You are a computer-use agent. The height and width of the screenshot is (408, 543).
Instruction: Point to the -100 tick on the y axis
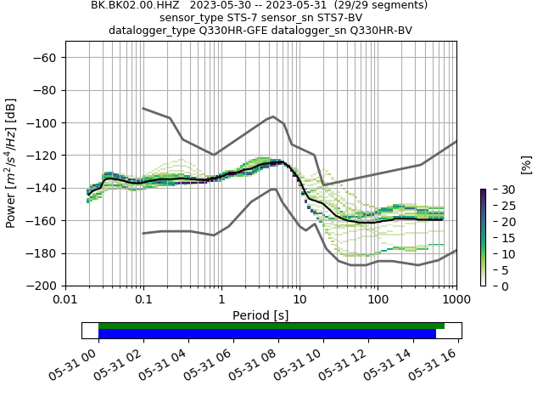(x=42, y=122)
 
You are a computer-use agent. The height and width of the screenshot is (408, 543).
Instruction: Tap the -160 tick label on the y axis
(x=42, y=220)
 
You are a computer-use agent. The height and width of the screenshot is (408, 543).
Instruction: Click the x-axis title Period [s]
(x=260, y=315)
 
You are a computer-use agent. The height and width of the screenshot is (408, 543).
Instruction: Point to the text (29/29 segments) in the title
(x=381, y=5)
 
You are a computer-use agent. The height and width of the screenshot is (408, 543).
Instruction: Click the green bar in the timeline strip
(x=271, y=326)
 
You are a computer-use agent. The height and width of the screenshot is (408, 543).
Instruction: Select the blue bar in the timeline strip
(x=267, y=334)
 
